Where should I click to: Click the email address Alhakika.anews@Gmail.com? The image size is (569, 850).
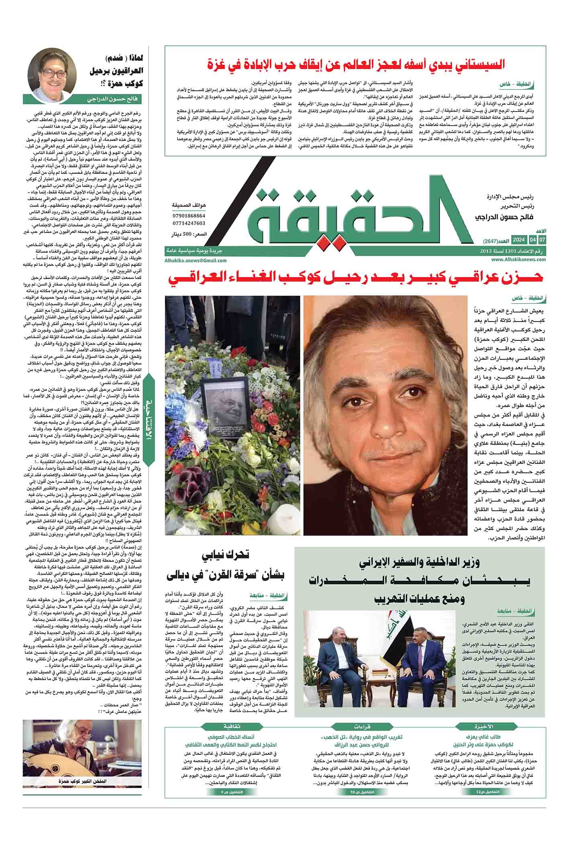tap(196, 260)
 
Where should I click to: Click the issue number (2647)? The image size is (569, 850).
tap(485, 240)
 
